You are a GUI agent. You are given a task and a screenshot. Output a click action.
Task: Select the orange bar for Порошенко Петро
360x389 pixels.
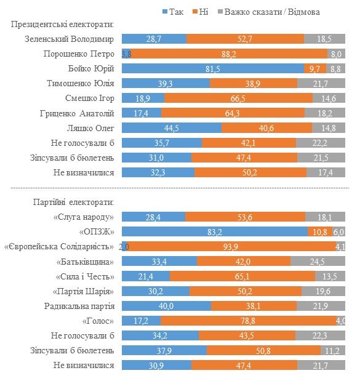coord(229,54)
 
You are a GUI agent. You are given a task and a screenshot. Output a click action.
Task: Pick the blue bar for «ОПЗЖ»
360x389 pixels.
coord(214,232)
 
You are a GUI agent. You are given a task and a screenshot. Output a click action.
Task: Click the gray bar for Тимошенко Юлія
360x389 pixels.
coord(321,83)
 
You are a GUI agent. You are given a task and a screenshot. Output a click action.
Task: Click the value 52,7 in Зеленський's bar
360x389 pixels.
coord(245,39)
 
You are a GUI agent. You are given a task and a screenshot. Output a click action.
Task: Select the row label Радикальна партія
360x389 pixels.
coord(79,306)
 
